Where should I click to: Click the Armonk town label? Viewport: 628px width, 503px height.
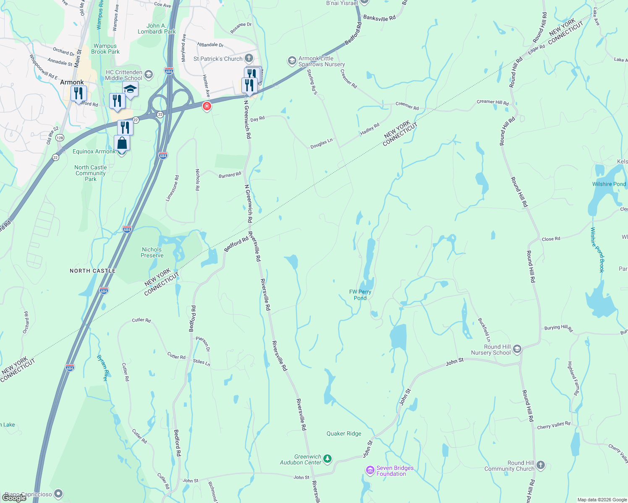72,82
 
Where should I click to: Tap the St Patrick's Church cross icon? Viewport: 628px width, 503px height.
249,58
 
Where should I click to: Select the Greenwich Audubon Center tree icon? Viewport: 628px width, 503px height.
327,459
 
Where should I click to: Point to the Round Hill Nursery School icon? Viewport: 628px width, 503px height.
517,349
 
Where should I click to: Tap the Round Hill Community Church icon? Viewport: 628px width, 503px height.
541,465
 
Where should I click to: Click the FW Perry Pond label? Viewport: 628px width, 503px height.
360,295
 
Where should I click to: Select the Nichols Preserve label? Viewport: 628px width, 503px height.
152,252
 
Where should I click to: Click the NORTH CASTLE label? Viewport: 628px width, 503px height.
92,271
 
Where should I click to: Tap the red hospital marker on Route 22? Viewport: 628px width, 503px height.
207,106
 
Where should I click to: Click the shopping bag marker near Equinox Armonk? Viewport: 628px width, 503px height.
122,143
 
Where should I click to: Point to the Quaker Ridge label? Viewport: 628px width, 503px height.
344,433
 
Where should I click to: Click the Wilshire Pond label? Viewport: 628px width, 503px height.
609,184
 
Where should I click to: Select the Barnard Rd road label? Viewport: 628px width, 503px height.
230,175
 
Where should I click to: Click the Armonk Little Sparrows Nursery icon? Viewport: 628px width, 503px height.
292,61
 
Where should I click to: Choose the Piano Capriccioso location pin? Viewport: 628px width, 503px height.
58,494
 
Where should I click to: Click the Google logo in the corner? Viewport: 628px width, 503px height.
14,498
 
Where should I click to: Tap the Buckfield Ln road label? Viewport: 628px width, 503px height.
484,329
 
